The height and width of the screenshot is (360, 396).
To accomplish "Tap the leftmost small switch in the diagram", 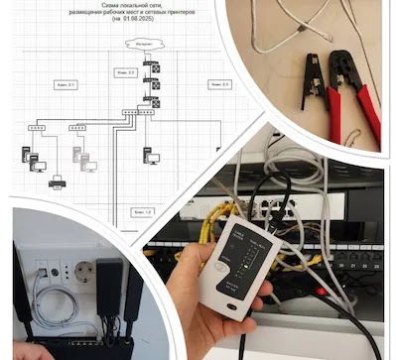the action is click(38, 128).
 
